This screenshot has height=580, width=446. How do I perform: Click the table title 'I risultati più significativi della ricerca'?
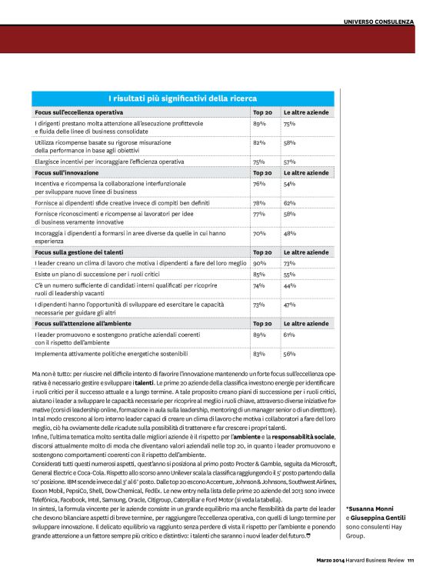pos(182,98)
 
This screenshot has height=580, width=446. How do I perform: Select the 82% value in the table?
pos(259,142)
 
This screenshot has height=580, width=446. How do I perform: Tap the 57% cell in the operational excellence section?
pos(290,162)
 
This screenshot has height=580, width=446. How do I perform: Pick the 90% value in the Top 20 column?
pos(259,262)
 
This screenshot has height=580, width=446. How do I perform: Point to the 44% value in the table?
pos(290,285)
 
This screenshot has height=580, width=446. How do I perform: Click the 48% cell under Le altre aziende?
pos(290,233)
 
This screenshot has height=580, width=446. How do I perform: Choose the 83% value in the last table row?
pos(259,354)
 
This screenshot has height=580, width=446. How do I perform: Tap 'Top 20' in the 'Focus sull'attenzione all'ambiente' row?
pos(263,324)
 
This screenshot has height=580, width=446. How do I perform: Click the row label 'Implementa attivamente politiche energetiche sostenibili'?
pos(111,354)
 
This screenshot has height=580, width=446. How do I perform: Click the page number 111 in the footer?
pos(411,559)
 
